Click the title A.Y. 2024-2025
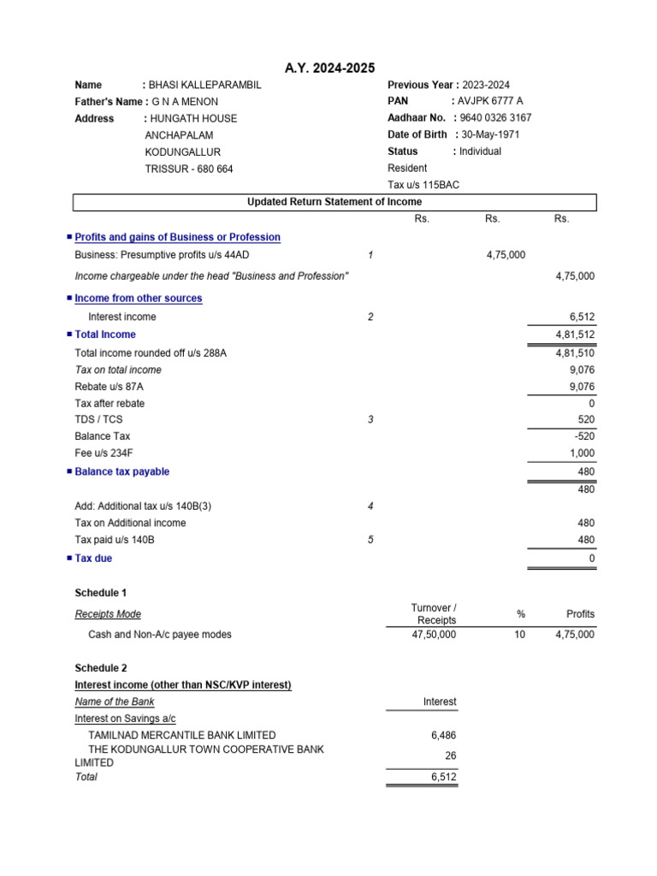[328, 68]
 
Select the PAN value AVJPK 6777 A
[490, 101]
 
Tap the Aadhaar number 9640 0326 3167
[494, 118]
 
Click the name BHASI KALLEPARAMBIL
[204, 85]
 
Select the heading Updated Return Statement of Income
[334, 202]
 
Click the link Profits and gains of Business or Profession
[177, 237]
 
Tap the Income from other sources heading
[139, 299]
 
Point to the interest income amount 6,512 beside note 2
[579, 317]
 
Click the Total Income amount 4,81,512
[575, 334]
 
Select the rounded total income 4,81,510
[575, 352]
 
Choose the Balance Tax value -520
[582, 436]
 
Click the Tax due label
[93, 559]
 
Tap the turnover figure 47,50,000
[434, 635]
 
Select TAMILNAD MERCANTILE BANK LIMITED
[182, 735]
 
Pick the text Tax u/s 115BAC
[423, 185]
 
